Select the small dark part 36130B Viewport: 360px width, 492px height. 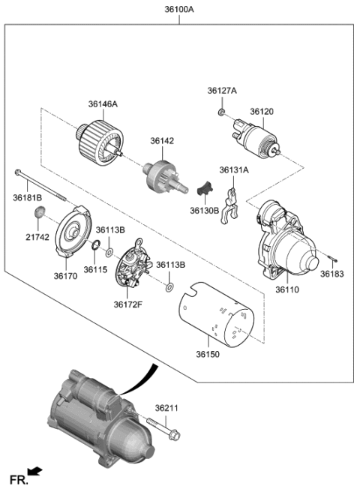click(x=205, y=187)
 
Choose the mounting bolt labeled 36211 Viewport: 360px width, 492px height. click(x=162, y=430)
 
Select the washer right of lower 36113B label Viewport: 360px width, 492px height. click(x=169, y=287)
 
